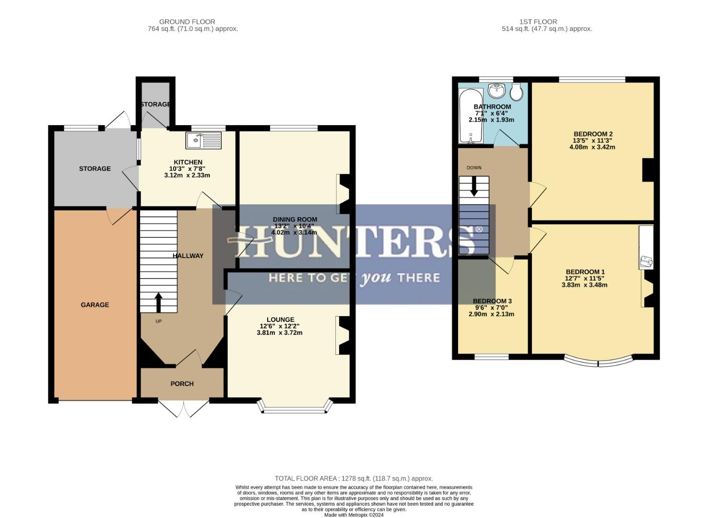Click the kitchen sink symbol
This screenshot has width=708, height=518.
click(x=204, y=140)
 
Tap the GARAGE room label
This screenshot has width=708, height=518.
click(x=94, y=305)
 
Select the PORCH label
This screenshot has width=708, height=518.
click(x=182, y=384)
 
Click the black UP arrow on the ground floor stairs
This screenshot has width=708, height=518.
click(x=158, y=302)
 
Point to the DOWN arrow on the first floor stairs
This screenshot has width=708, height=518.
click(x=474, y=187)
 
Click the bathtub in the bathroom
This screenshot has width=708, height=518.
click(x=471, y=116)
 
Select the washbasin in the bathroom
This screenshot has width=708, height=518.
click(x=496, y=90)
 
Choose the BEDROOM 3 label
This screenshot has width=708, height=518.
click(x=492, y=301)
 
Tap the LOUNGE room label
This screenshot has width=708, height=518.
click(x=280, y=319)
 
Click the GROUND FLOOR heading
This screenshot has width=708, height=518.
click(x=187, y=22)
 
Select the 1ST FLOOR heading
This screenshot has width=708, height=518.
click(x=538, y=22)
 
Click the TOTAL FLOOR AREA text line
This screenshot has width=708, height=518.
click(x=354, y=478)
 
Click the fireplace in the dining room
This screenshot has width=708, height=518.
click(x=344, y=194)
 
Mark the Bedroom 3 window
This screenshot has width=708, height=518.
click(x=492, y=357)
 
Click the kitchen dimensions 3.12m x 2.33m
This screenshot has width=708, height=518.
click(x=187, y=176)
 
